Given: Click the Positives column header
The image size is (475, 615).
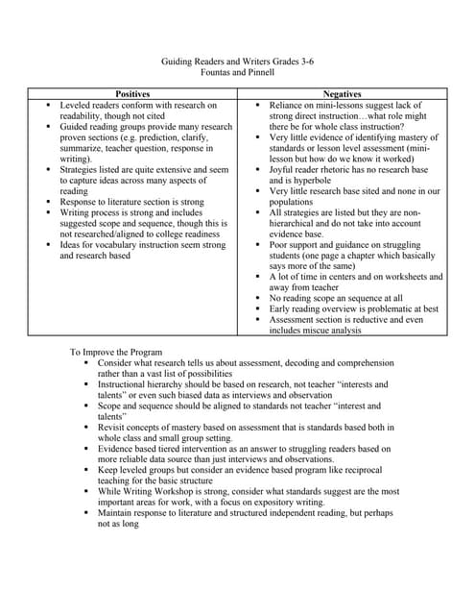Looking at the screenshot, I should tap(132, 93).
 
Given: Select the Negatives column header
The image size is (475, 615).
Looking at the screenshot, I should tap(343, 93).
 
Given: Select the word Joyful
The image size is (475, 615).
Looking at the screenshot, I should tap(284, 168).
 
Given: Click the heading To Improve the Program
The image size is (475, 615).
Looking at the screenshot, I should tap(116, 353).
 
